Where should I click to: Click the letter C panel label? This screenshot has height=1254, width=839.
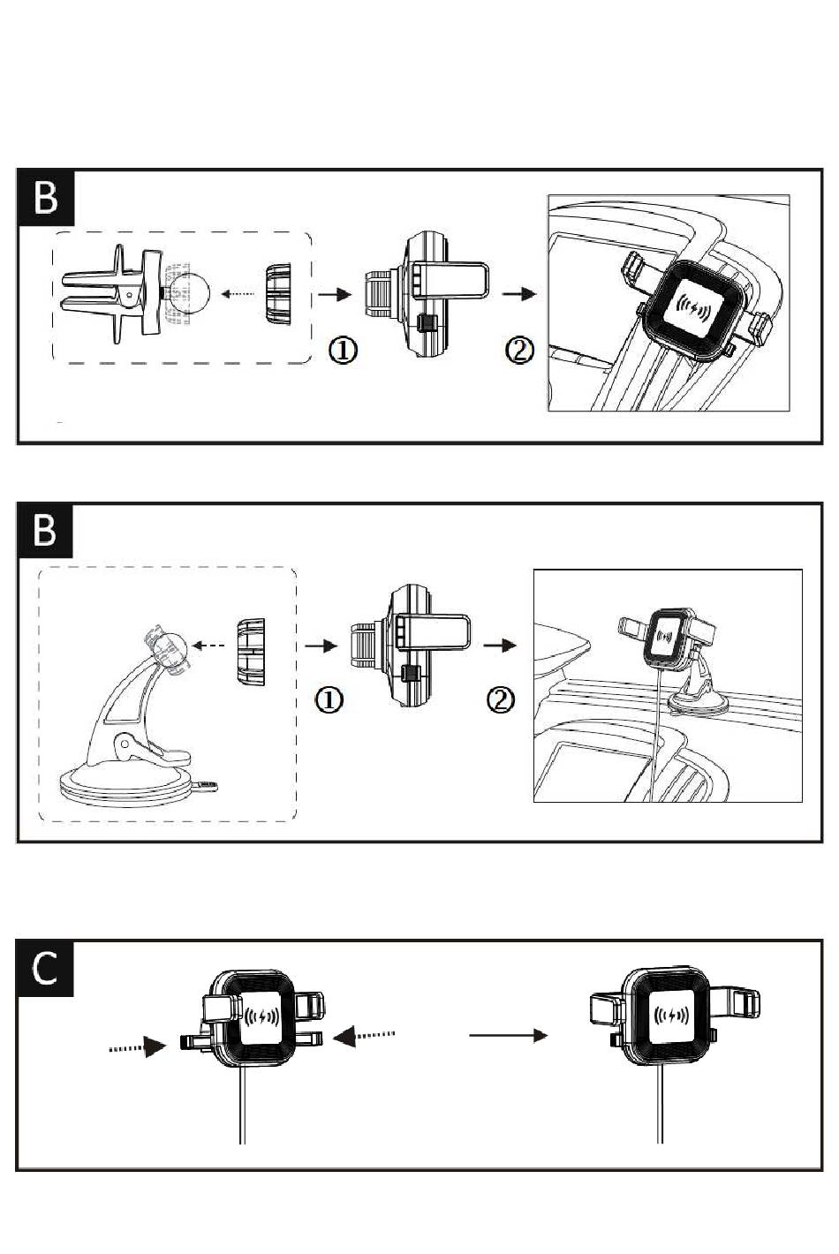(44, 968)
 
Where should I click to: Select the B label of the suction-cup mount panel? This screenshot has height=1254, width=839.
(44, 531)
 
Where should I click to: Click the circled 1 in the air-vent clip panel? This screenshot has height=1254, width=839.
(344, 351)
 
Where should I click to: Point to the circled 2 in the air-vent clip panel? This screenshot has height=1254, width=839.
(519, 351)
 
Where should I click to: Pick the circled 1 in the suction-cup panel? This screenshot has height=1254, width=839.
(329, 700)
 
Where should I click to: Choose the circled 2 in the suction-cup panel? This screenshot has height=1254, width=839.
(501, 700)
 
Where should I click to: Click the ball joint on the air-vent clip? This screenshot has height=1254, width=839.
(188, 294)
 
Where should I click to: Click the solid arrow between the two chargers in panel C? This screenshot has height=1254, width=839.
(508, 1036)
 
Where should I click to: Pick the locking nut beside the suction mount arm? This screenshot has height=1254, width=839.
(250, 652)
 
